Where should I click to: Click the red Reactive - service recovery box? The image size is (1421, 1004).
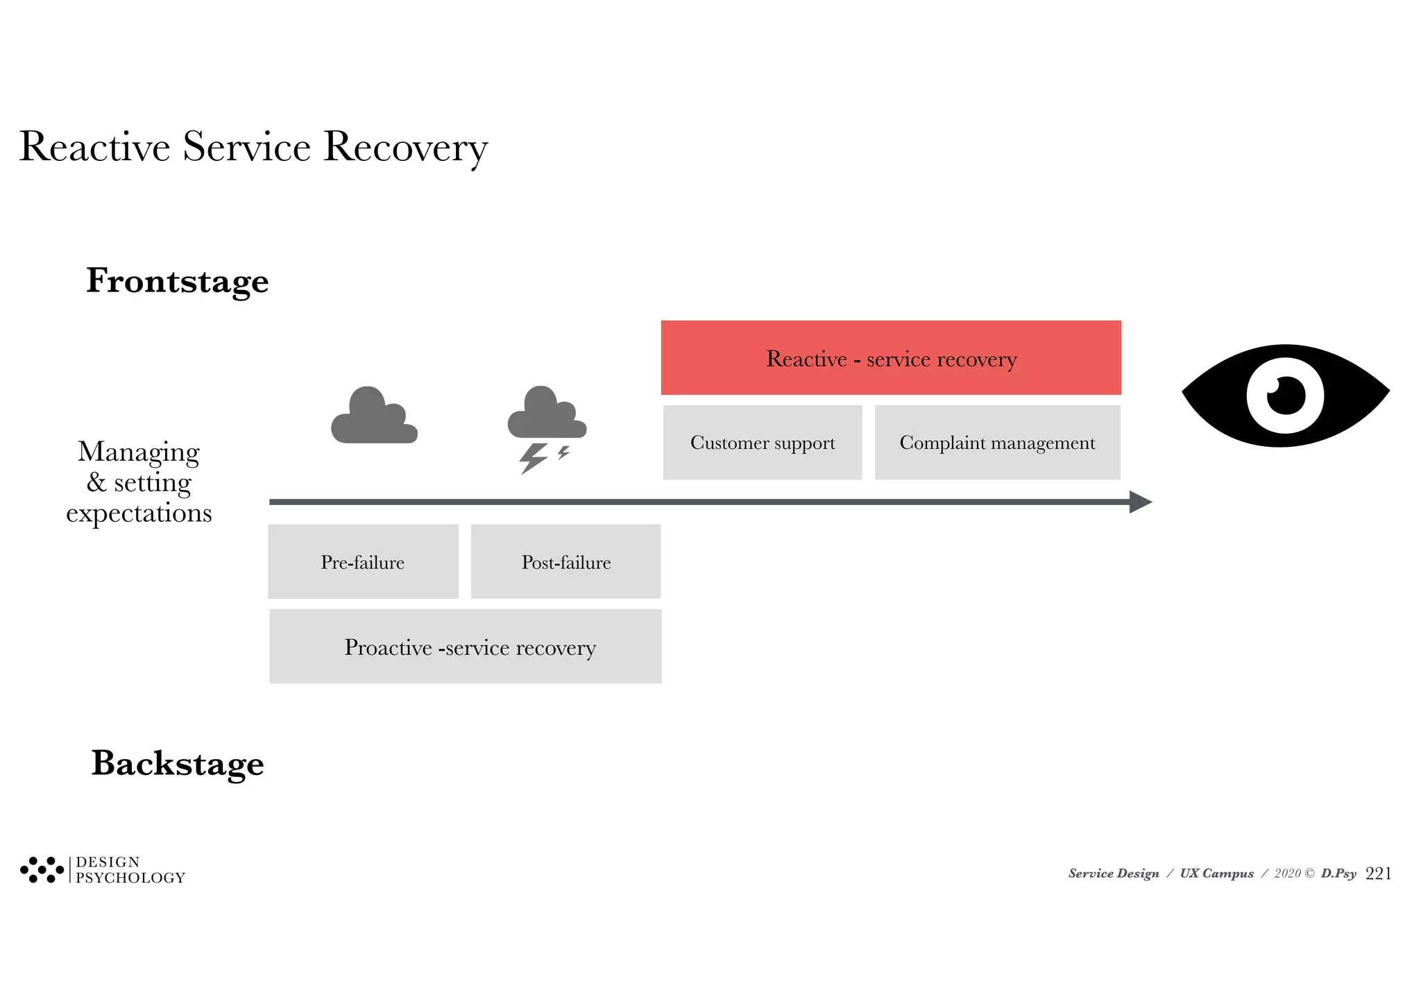pos(891,358)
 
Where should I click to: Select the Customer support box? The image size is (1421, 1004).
pos(763,443)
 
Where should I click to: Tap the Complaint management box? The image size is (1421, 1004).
pos(997,443)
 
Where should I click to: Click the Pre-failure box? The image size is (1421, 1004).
pos(363,562)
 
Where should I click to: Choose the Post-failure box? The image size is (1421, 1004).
pos(566,562)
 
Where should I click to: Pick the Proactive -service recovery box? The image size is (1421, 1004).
pos(466,647)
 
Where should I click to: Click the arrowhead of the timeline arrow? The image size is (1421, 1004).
pos(1139,502)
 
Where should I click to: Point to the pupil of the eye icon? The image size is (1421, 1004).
pos(1286,396)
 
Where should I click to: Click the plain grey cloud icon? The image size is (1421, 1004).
pos(373,418)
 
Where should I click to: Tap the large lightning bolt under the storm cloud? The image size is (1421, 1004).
pos(533,458)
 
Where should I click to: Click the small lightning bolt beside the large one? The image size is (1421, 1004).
pos(563,452)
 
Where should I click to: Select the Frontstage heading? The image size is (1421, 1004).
pos(177,281)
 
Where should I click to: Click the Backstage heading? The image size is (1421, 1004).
pos(178,763)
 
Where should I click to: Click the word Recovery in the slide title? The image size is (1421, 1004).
pos(406,147)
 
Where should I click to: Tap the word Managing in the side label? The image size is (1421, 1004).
pos(139,452)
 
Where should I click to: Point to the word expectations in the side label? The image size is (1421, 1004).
pos(139,513)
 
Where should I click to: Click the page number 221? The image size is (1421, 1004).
pos(1378,874)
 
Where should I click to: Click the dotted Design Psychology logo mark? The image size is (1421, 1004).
pos(42,869)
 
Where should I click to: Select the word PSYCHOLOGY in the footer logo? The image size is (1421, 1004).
pos(130,878)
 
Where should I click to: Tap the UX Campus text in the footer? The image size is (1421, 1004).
pos(1217,874)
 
